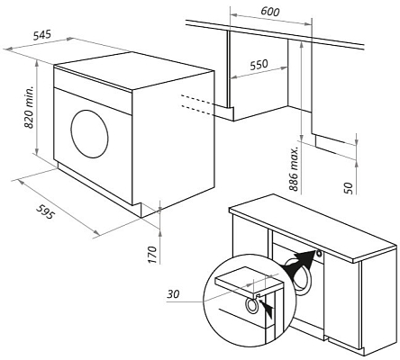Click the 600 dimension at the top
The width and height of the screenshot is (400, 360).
(x=268, y=12)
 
